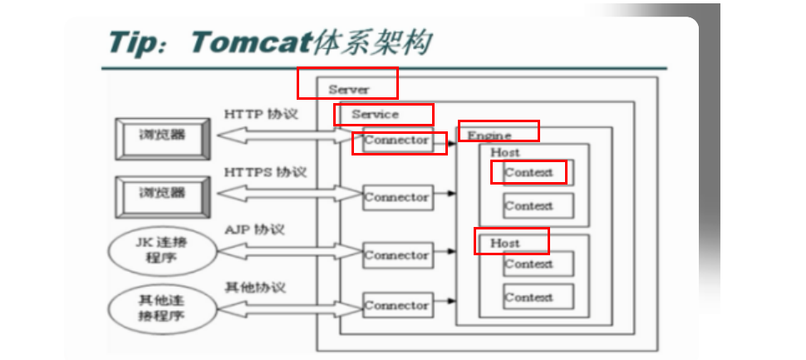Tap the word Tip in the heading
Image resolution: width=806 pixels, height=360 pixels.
137,42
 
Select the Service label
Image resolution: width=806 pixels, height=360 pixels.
375,114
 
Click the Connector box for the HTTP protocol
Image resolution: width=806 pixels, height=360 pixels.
397,141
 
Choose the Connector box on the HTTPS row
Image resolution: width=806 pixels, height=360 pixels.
397,198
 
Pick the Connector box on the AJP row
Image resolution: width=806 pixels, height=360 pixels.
397,256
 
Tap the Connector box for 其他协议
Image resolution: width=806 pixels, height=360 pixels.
397,306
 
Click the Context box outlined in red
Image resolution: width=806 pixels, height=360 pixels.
528,172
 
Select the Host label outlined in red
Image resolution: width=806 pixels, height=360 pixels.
505,243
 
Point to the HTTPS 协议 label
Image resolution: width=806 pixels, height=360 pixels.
265,172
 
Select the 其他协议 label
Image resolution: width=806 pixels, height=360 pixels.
255,287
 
